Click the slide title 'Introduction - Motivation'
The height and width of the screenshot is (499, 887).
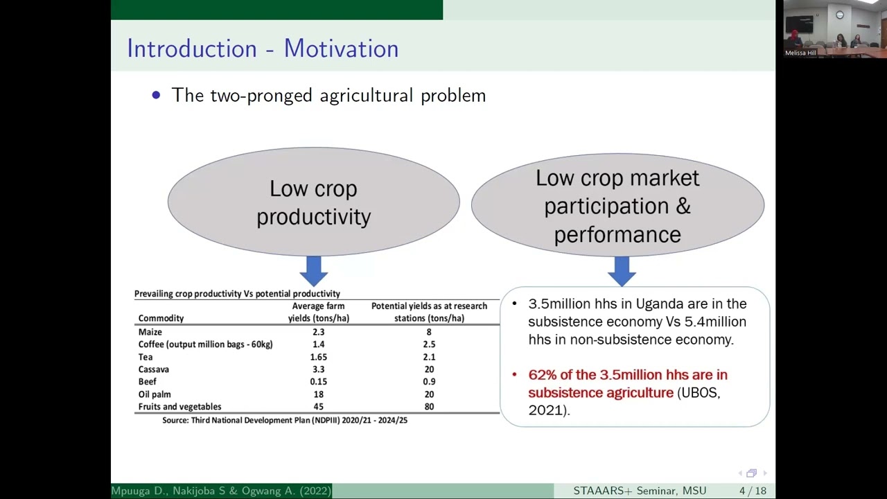pyautogui.click(x=263, y=49)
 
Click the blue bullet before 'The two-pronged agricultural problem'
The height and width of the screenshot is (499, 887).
pyautogui.click(x=156, y=95)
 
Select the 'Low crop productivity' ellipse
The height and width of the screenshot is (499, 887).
pyautogui.click(x=313, y=202)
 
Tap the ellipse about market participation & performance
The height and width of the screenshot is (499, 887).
pyautogui.click(x=617, y=206)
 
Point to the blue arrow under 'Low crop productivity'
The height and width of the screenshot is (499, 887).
pyautogui.click(x=314, y=270)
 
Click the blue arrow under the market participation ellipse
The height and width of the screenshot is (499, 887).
pyautogui.click(x=622, y=270)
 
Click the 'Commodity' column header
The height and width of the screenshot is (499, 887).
pyautogui.click(x=161, y=318)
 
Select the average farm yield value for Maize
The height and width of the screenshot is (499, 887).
pyautogui.click(x=318, y=332)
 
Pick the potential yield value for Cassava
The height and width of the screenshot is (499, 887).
pyautogui.click(x=429, y=369)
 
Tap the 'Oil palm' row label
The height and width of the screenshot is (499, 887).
pyautogui.click(x=155, y=394)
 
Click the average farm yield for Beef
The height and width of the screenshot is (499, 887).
pyautogui.click(x=319, y=382)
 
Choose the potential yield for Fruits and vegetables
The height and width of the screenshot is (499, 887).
pyautogui.click(x=429, y=407)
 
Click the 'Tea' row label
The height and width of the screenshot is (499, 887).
pyautogui.click(x=146, y=357)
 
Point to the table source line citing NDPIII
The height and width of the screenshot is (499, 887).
pyautogui.click(x=285, y=420)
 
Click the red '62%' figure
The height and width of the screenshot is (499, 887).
pyautogui.click(x=542, y=375)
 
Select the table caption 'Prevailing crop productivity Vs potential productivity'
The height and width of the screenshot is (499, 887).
pyautogui.click(x=237, y=294)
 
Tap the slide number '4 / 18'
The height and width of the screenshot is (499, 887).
pyautogui.click(x=753, y=491)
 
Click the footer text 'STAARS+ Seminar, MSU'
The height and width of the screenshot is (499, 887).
pyautogui.click(x=640, y=491)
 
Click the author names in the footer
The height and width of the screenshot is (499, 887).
pyautogui.click(x=221, y=491)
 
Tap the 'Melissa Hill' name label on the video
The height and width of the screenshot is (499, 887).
pyautogui.click(x=800, y=53)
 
